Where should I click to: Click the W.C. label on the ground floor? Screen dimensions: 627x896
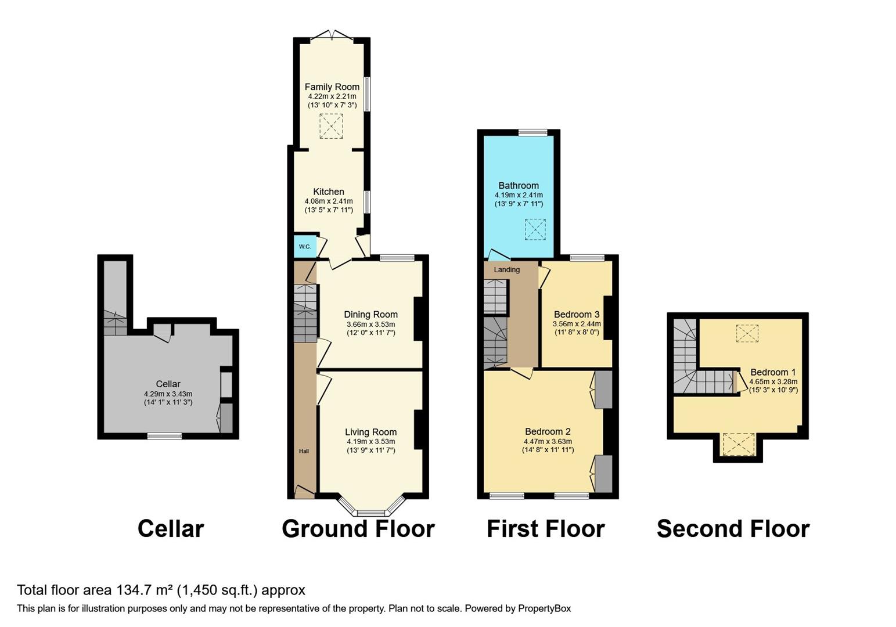[305, 247]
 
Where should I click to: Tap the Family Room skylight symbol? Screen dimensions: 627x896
[331, 126]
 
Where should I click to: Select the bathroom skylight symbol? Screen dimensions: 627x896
[535, 229]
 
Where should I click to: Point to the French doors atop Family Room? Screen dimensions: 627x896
[332, 37]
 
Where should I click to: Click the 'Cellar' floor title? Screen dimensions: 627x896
[171, 529]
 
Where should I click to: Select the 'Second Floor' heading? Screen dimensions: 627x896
[733, 529]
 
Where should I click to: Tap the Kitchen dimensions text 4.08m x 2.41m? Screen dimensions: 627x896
[329, 201]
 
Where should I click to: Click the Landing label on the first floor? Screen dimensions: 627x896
[506, 269]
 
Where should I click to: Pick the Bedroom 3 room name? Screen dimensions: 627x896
[576, 314]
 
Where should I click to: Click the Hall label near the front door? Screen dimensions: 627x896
[304, 451]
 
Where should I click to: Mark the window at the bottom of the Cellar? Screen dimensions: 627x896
[164, 436]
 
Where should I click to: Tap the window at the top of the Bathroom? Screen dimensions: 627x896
[532, 132]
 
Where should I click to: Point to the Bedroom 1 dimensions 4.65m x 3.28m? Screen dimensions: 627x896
[773, 382]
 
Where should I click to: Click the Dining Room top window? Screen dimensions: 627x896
[397, 258]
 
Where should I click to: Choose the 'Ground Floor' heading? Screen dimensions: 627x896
[358, 529]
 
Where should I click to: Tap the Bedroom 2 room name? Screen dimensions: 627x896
[548, 431]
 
